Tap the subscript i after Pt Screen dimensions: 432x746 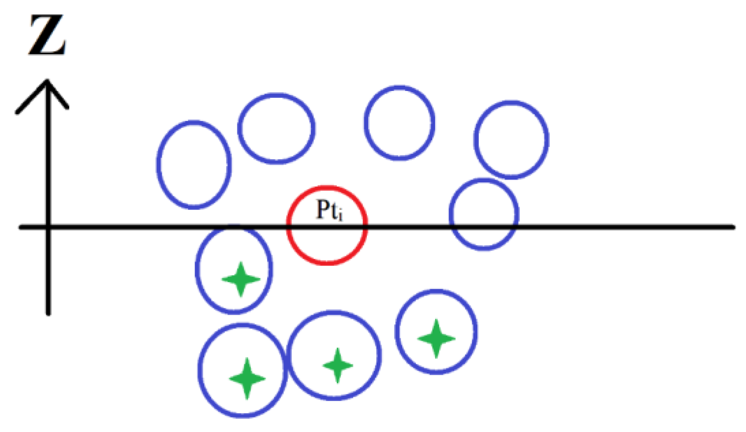(340, 216)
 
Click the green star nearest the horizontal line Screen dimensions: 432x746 (241, 279)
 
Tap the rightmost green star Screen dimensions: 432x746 (436, 338)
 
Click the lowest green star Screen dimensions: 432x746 (247, 378)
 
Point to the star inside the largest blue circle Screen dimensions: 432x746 (337, 365)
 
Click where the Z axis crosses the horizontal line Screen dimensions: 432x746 (48, 226)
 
